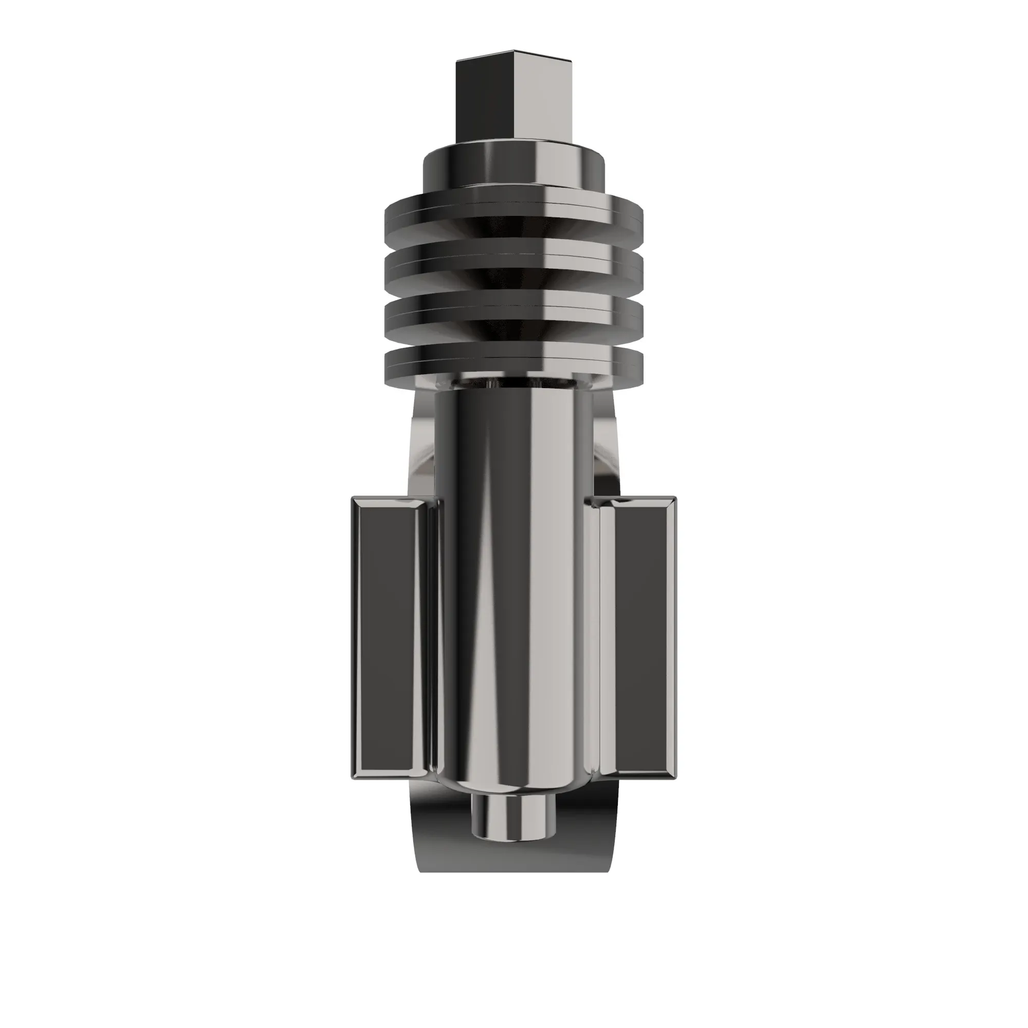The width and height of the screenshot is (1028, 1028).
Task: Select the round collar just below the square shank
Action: (513, 162)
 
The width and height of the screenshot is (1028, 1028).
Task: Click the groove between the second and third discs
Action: (513, 285)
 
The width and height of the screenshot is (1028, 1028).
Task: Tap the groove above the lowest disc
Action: (513, 335)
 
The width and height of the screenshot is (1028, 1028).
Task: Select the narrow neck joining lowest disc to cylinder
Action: (513, 384)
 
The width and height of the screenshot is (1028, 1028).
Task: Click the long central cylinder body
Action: (513, 585)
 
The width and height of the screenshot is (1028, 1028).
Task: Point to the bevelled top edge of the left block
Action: (391, 502)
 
